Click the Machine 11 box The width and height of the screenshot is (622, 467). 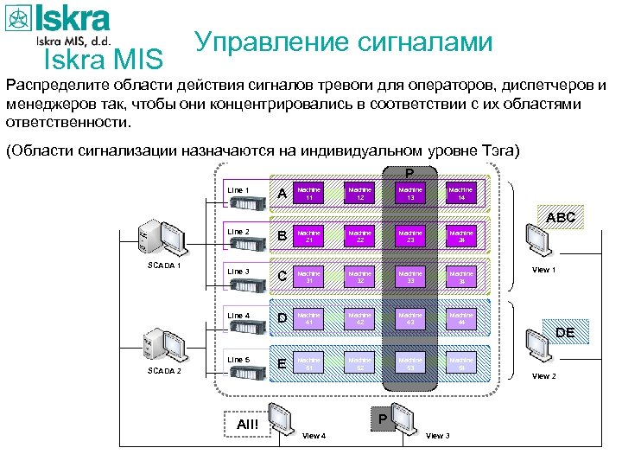[x=308, y=193]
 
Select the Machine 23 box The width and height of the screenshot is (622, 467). [x=410, y=236]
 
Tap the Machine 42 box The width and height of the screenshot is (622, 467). [x=359, y=319]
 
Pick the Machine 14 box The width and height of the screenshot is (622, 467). [x=460, y=193]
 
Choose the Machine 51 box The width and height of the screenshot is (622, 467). [x=308, y=363]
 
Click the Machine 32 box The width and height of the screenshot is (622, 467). [x=359, y=277]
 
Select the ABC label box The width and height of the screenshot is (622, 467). [x=561, y=218]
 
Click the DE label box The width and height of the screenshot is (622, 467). [x=564, y=332]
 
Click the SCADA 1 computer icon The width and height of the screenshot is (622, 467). [x=160, y=236]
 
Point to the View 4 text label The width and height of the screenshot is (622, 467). [x=314, y=436]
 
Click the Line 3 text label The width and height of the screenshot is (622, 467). [x=238, y=272]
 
